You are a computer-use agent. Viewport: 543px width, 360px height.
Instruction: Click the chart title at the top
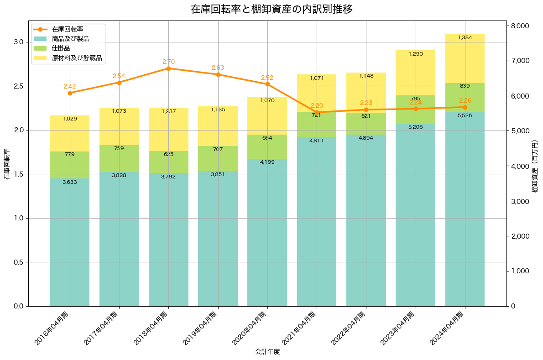coord(271,9)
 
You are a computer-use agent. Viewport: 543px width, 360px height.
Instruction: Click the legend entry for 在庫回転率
coord(67,29)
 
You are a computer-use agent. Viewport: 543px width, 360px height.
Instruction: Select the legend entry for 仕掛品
coord(61,48)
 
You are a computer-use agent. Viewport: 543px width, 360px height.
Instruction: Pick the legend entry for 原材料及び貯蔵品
coord(76,58)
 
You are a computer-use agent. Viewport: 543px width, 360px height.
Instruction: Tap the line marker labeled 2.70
coord(168,68)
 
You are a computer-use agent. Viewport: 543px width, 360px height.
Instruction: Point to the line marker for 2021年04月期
coord(317,112)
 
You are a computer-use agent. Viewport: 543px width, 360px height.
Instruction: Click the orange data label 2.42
coord(70,86)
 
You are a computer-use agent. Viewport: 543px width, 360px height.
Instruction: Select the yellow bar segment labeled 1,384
coord(465,58)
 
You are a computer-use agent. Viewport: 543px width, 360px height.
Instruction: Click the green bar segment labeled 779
coord(70,165)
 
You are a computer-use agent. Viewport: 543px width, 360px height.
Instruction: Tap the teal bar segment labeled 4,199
coord(267,232)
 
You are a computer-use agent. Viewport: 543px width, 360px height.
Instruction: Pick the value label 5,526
coord(465,115)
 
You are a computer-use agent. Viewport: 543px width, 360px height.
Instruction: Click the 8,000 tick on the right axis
coord(520,26)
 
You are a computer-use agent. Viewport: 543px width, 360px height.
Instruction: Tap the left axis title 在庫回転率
coord(6,164)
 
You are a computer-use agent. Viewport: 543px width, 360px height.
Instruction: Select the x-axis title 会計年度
coord(267,352)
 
